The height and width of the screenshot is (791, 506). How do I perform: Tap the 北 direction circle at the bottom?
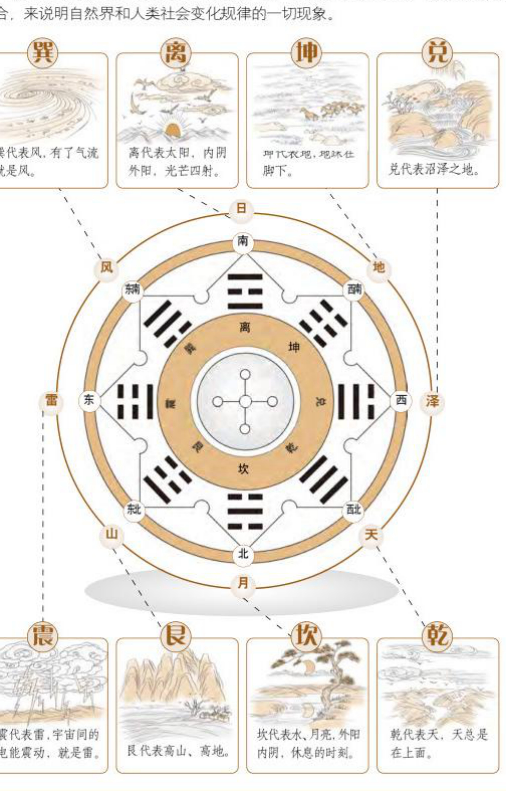(x=243, y=554)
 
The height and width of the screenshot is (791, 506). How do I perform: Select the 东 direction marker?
(x=89, y=400)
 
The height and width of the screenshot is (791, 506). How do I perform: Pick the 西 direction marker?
(x=401, y=400)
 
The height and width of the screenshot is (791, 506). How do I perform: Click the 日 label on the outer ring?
(x=241, y=208)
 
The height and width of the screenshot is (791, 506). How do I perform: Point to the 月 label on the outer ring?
(x=243, y=583)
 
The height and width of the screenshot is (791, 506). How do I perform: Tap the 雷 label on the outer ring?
(x=51, y=401)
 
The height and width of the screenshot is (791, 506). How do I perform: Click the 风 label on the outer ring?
(x=106, y=267)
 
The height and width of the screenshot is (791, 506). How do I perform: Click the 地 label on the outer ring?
(x=378, y=267)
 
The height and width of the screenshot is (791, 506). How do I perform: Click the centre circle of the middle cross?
(x=245, y=401)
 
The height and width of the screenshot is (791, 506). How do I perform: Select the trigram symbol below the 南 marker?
(x=245, y=291)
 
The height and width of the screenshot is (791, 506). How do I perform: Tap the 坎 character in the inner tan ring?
(x=243, y=469)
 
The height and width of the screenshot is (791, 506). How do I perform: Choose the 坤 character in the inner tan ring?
(x=294, y=347)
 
